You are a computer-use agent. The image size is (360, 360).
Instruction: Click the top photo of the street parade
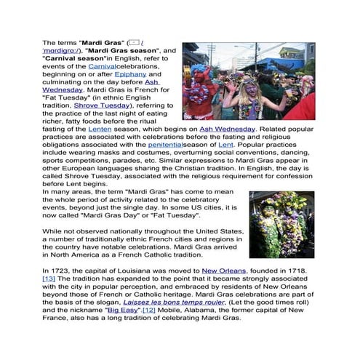[x=248, y=81]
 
